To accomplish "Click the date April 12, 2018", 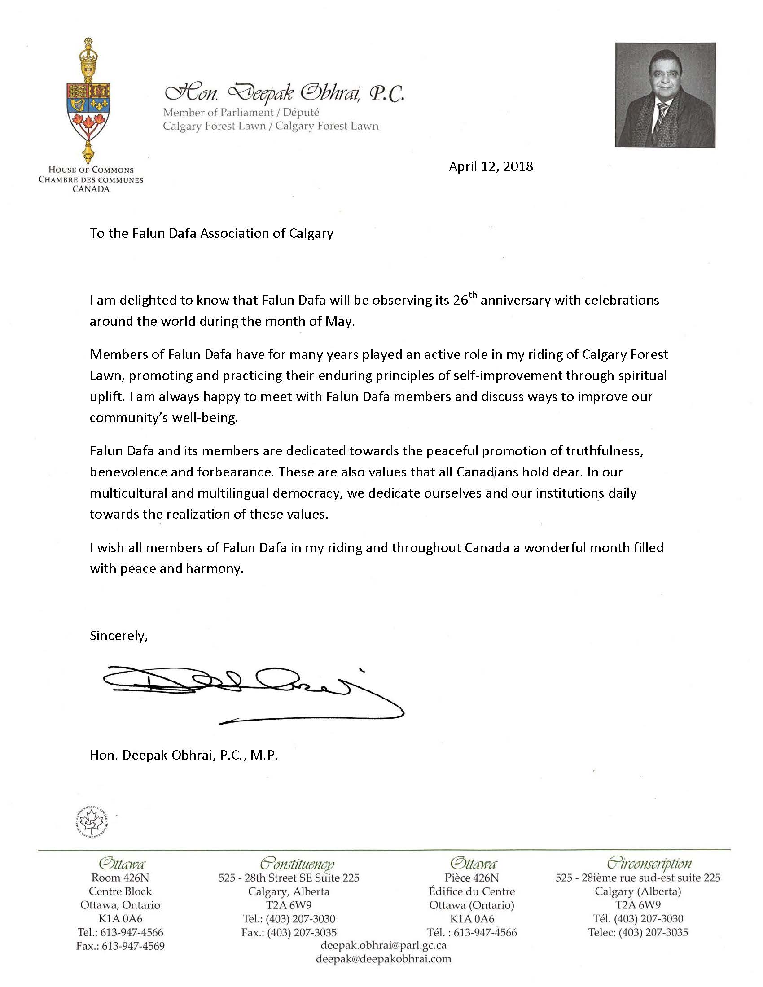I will coord(491,167).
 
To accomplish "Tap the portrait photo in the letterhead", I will coord(665,95).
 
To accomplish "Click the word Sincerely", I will coord(118,636).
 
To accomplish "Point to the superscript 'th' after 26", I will coord(472,296).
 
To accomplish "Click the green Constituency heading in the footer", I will coord(297,864).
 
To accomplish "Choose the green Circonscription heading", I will coord(649,863).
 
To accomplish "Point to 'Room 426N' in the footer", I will coord(120,878).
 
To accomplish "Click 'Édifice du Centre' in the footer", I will coord(472,891).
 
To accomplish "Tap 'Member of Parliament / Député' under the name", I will coord(241,113).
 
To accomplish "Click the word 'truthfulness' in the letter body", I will coord(604,451).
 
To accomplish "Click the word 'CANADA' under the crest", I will coord(91,189).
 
